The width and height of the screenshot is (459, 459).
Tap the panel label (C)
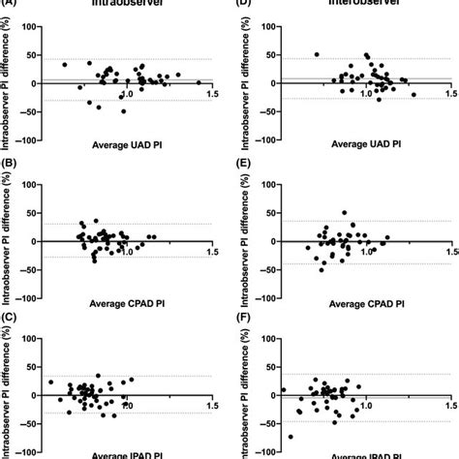pyautogui.click(x=9, y=321)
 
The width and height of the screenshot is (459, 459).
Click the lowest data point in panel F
pyautogui.click(x=291, y=437)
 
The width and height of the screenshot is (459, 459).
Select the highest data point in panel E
pyautogui.click(x=344, y=212)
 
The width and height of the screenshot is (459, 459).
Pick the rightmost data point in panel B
pyautogui.click(x=153, y=236)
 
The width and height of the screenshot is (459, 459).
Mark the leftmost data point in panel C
pyautogui.click(x=51, y=382)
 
